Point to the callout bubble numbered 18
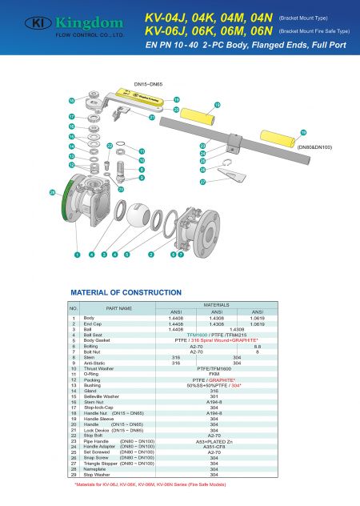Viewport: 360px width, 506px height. (x=176, y=99)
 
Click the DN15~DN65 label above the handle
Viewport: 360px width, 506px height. (x=148, y=82)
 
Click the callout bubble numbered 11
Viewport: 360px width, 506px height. (x=142, y=151)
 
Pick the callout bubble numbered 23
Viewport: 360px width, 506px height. (x=202, y=145)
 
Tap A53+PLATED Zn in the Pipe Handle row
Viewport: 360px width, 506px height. (x=214, y=440)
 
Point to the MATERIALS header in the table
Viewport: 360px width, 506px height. (x=214, y=304)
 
